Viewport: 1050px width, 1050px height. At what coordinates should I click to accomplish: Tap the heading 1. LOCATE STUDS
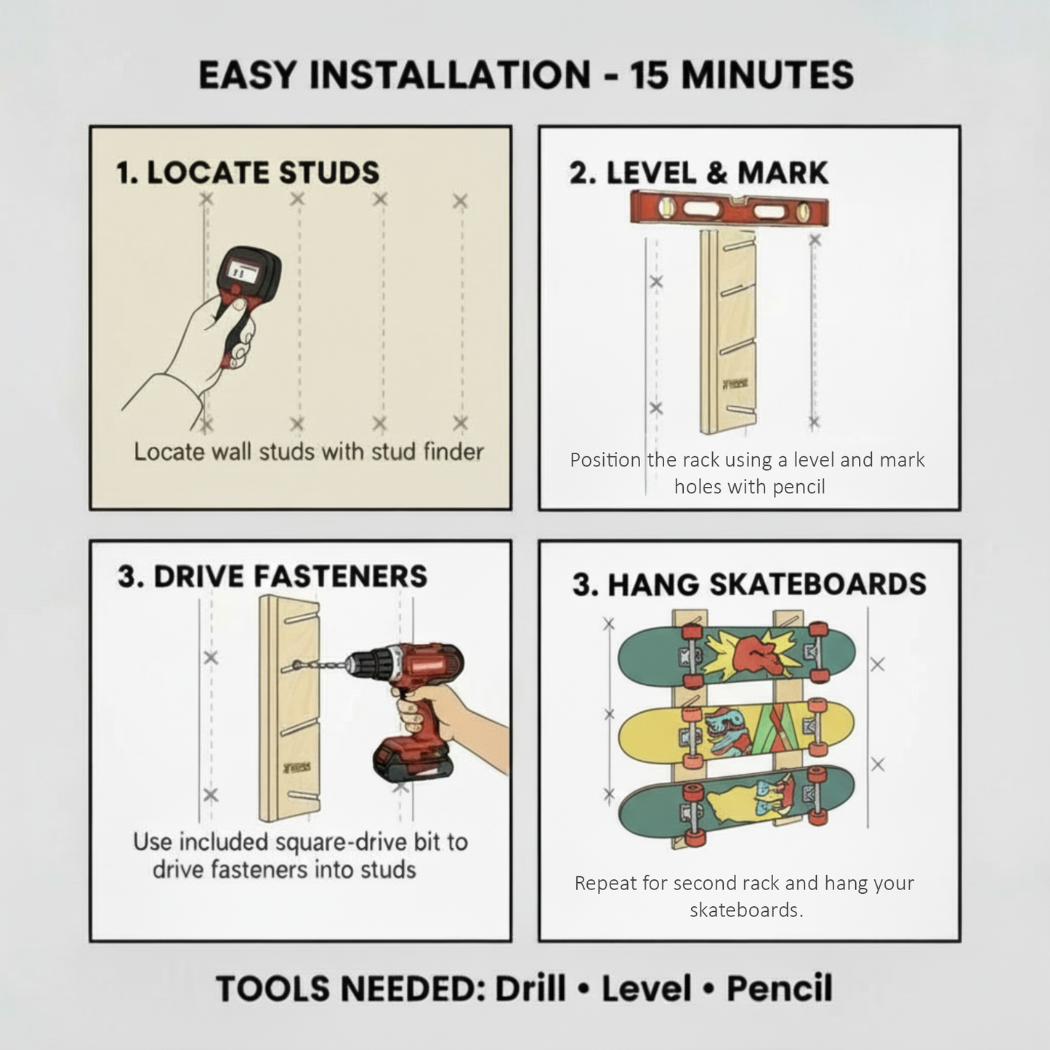point(248,173)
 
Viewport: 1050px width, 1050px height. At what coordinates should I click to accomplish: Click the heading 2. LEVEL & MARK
point(698,173)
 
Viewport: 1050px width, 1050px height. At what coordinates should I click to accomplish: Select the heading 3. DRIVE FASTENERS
point(272,576)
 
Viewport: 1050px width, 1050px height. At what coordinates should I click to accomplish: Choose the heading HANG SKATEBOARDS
point(767,585)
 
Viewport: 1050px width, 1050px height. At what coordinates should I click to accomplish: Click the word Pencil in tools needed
point(779,989)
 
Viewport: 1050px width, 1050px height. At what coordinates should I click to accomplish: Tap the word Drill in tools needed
point(530,989)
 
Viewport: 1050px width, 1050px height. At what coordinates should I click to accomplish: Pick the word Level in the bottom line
point(646,989)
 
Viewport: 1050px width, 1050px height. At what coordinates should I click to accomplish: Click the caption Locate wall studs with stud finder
point(308,452)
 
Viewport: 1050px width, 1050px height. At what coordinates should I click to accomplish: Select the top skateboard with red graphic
point(735,655)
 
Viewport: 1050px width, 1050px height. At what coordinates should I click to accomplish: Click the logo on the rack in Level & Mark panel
point(729,383)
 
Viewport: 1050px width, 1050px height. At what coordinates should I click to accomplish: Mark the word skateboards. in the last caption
point(746,910)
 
